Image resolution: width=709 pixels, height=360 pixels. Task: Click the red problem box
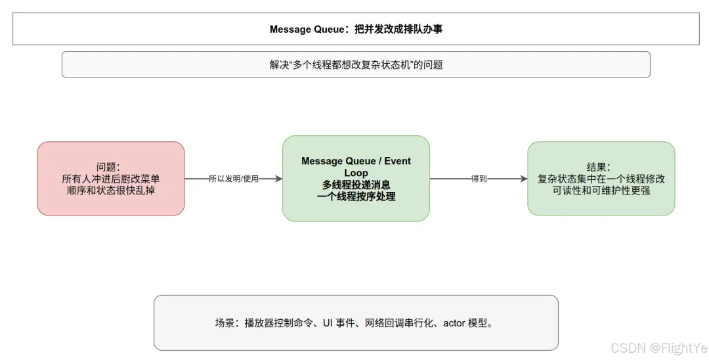click(111, 178)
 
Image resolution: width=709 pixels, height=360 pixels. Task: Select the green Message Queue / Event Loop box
click(356, 178)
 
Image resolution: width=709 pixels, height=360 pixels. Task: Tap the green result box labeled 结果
click(601, 178)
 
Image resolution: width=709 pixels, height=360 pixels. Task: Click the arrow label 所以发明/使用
click(234, 179)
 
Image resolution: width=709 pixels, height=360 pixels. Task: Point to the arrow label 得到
click(479, 179)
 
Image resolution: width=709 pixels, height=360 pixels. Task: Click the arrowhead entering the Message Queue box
click(278, 179)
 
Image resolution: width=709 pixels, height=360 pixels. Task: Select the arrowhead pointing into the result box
click(524, 179)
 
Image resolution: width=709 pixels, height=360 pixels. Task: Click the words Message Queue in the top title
click(307, 30)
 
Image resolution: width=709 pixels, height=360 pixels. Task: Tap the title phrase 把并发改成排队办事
click(398, 30)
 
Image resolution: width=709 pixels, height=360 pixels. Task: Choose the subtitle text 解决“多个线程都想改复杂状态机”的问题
click(356, 64)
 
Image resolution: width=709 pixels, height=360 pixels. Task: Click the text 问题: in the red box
click(108, 167)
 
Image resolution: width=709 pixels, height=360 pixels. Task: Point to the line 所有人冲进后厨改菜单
click(111, 179)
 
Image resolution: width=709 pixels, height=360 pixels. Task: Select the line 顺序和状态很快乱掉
click(111, 191)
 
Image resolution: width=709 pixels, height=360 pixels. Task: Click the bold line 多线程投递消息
click(356, 185)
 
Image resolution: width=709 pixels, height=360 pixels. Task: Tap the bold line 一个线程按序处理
click(356, 196)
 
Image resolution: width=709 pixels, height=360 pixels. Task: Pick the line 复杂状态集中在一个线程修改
click(601, 179)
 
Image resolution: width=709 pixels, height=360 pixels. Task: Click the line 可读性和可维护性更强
click(601, 191)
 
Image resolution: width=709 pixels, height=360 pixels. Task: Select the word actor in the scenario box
click(454, 323)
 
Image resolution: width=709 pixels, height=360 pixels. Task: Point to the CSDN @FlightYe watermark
click(659, 348)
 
